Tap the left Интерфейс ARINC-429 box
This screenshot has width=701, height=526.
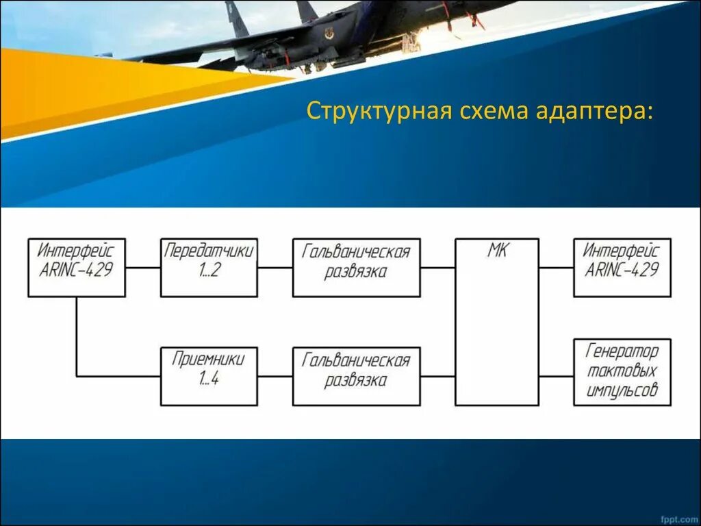coord(76,267)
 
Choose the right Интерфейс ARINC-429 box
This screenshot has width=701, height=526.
coord(622,267)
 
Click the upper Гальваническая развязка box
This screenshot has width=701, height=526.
coord(356,267)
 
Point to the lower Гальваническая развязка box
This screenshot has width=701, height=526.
coord(356,376)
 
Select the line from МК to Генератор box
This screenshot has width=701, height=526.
coord(556,376)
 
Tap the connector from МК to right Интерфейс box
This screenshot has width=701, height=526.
coord(556,267)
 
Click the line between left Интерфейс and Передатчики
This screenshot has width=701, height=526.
coord(142,267)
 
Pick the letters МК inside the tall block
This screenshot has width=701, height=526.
coord(496,251)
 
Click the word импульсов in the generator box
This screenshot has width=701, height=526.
coord(622,390)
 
